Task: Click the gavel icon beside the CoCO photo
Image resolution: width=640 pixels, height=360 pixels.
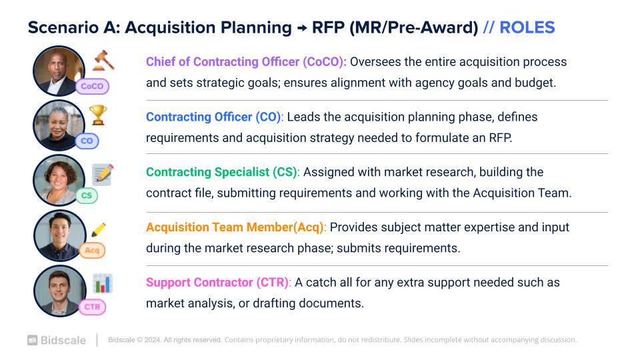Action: coord(103,61)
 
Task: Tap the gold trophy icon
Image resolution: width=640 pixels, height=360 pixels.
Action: coord(98,115)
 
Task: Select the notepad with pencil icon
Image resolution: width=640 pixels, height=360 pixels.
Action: coord(103,174)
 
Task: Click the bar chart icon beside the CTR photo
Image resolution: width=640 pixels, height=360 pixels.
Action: coord(103,283)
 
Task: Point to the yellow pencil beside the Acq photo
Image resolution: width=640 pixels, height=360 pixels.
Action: coord(99,229)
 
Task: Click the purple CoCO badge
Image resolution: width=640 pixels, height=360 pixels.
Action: coord(92,86)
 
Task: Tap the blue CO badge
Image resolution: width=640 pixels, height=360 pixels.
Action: coord(87,141)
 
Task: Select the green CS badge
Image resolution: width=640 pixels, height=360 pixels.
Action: coord(87,195)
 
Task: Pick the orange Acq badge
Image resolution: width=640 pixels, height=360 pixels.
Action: coord(92,250)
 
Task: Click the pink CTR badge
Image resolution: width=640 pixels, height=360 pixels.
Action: coord(92,307)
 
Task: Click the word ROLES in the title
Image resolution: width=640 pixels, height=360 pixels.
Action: coord(527,28)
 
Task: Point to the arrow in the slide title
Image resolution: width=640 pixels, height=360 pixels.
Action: coord(302,28)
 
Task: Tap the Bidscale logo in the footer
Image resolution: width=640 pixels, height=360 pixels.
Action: coord(57,340)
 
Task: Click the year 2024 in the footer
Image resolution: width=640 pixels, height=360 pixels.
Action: coord(152,339)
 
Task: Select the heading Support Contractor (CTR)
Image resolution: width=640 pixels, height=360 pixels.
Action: coord(219,283)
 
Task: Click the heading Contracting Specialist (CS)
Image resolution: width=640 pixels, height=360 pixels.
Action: coord(223,172)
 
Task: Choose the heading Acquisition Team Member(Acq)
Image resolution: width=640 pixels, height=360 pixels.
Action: coord(236,227)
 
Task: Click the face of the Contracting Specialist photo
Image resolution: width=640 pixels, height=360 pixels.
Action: coord(58,179)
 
